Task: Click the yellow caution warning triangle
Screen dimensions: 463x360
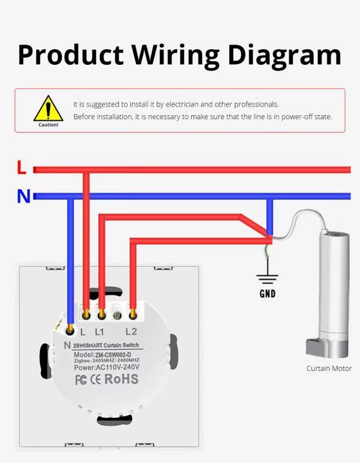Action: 48,109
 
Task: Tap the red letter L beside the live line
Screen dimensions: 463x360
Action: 21,168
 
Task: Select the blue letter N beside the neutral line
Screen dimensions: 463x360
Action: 23,196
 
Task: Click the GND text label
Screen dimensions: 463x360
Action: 267,293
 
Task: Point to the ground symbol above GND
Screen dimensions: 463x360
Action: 267,278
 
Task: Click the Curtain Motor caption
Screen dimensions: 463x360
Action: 329,368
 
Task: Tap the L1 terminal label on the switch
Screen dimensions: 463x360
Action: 100,332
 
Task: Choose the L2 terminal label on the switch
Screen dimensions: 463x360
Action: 131,332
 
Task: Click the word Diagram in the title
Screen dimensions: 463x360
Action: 284,54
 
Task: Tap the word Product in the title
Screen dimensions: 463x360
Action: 71,54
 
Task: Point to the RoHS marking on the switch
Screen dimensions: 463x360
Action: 122,380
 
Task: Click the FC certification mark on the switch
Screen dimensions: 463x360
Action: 82,380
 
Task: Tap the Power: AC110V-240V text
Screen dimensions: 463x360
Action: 106,367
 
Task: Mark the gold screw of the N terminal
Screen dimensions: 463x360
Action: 70,330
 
